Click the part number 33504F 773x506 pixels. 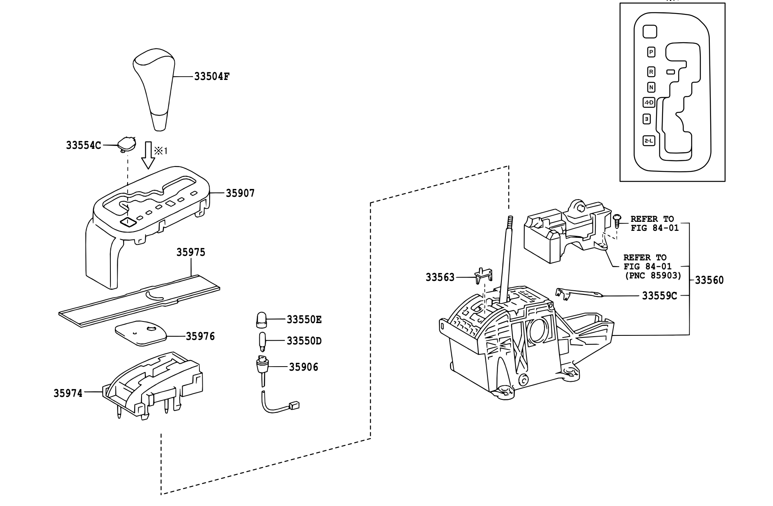(x=211, y=76)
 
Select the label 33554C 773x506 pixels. (x=83, y=145)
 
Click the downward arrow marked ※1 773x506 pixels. (x=148, y=155)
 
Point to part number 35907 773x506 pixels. (x=240, y=193)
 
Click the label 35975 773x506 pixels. (x=191, y=252)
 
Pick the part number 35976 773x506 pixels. (x=200, y=336)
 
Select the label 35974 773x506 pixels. (x=68, y=393)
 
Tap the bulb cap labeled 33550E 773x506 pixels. (x=261, y=320)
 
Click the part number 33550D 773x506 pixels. (x=304, y=341)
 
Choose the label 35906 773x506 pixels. (x=304, y=367)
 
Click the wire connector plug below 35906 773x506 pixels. (x=294, y=406)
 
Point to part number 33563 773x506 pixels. (x=440, y=278)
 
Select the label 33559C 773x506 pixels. (x=659, y=296)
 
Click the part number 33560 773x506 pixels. (x=709, y=280)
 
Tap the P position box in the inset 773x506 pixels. (x=651, y=52)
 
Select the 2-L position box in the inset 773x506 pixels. (x=649, y=141)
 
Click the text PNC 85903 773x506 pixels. (x=653, y=276)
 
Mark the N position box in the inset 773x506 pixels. (x=651, y=87)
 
